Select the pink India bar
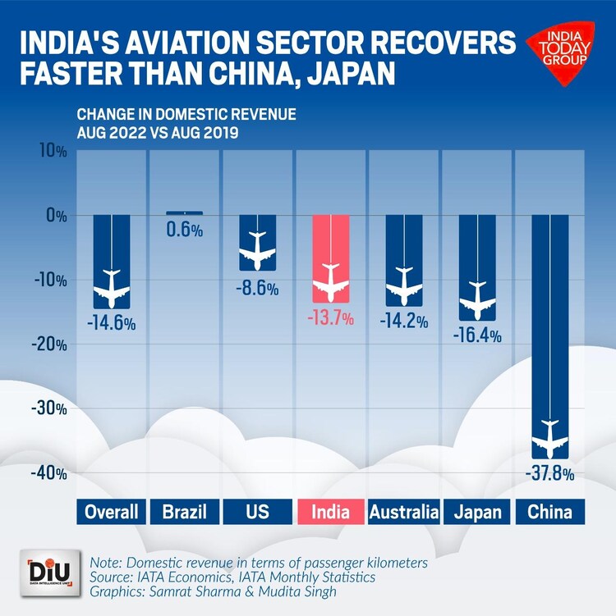pos(330,258)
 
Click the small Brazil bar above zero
pos(185,213)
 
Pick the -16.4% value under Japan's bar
pos(476,335)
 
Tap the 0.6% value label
pos(185,230)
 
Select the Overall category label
pos(112,513)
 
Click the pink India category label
pos(330,513)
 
